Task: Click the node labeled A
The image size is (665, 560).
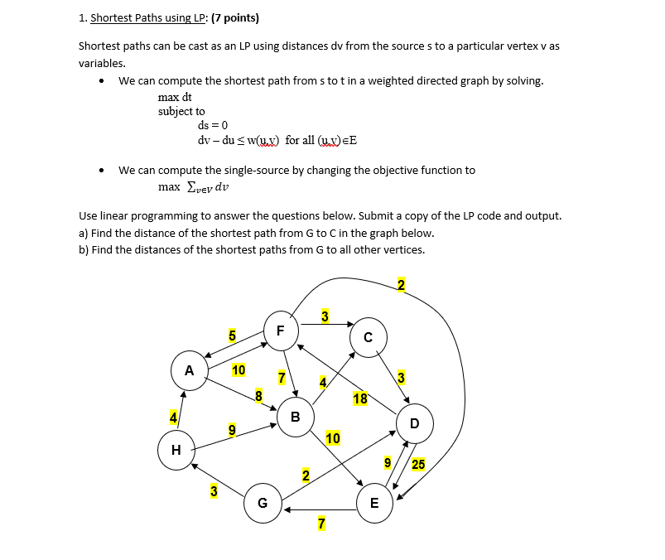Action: pos(190,370)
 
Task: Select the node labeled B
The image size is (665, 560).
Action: pos(295,416)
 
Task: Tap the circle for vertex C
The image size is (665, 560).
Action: pos(367,336)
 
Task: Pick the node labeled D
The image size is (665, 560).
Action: pos(414,423)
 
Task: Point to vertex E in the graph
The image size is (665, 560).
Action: pos(374,503)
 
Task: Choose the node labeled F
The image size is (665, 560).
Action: pos(280,329)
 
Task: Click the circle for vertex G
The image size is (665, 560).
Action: pos(263,503)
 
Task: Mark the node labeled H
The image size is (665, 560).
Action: pos(175,450)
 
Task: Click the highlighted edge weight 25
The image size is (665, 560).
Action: pos(418,465)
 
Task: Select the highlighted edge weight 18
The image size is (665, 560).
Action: pos(360,398)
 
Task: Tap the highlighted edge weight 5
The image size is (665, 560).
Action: pos(233,336)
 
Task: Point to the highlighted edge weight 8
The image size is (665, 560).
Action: pos(258,395)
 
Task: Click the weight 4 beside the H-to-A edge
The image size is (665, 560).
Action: pos(173,417)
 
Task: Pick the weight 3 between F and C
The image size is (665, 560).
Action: pos(325,316)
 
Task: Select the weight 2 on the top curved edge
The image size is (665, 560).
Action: pos(402,286)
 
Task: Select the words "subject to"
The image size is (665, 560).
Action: pos(181,111)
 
